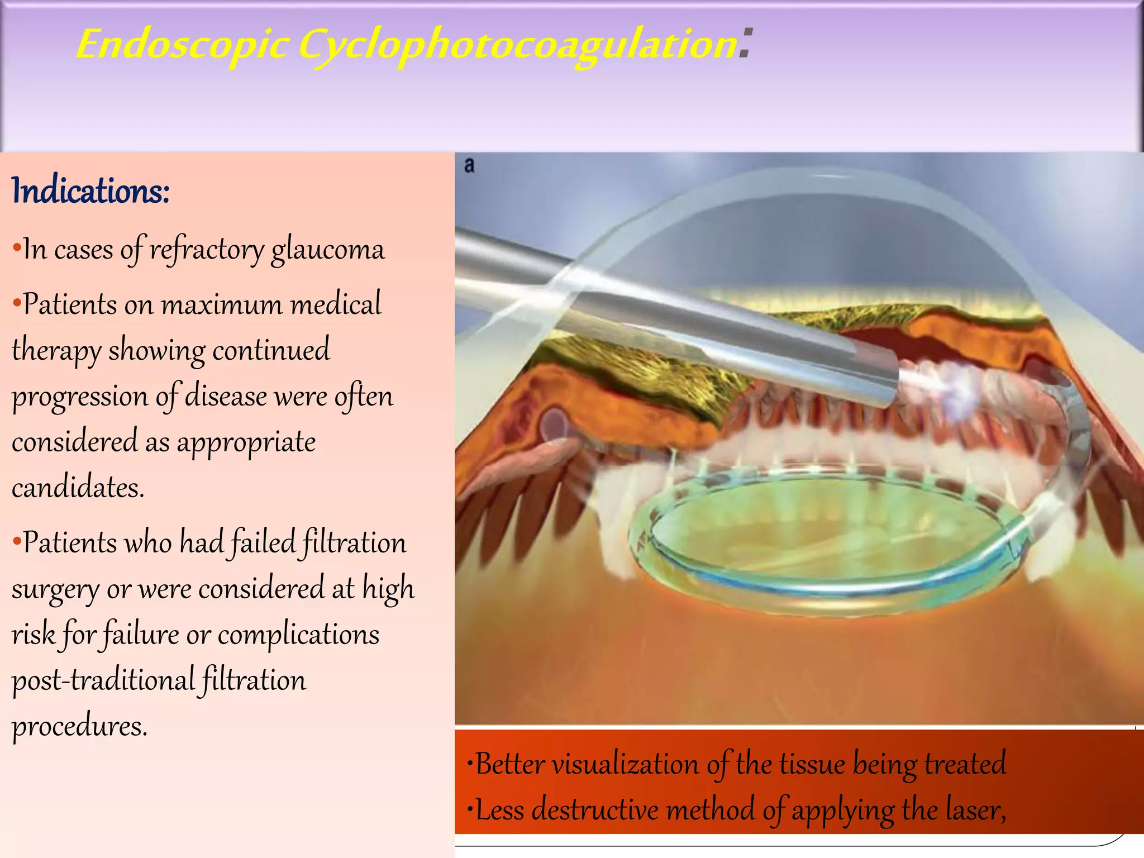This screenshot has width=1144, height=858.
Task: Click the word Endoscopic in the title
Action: coord(182,45)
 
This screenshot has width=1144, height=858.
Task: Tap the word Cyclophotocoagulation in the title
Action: coord(517,45)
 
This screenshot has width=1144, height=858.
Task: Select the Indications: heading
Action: coord(90,191)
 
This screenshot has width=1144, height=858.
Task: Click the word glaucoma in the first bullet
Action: coord(328,250)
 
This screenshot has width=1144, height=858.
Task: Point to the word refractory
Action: coord(207,250)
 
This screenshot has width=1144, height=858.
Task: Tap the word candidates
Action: coord(77,488)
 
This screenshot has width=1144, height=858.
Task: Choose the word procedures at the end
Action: coord(79,727)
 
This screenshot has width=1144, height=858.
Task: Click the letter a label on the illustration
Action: coord(469,165)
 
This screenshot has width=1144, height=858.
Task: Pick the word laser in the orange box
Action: coord(975,810)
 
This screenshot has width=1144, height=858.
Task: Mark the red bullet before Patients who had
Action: coord(17,541)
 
